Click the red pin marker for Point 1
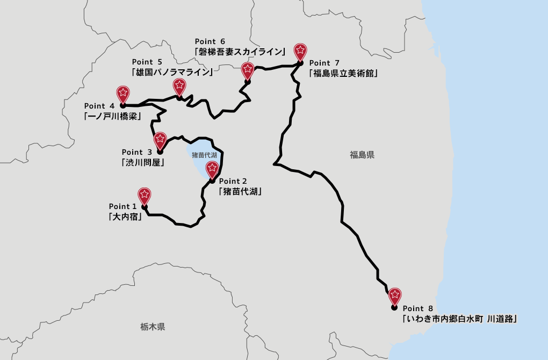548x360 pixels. point(144,195)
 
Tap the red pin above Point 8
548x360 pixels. point(395,295)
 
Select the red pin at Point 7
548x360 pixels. point(301,52)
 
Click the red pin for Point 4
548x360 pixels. point(123,93)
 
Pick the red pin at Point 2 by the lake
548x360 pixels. point(212,169)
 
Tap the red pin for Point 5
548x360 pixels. point(179,86)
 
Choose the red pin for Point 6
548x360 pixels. point(247,70)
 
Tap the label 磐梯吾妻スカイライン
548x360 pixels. point(240,52)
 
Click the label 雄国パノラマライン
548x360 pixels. point(172,72)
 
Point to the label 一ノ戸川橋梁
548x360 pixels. point(111,116)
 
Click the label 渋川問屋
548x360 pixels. point(143,163)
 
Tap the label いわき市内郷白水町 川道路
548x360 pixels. point(460,319)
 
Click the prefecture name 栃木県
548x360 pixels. point(152,326)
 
